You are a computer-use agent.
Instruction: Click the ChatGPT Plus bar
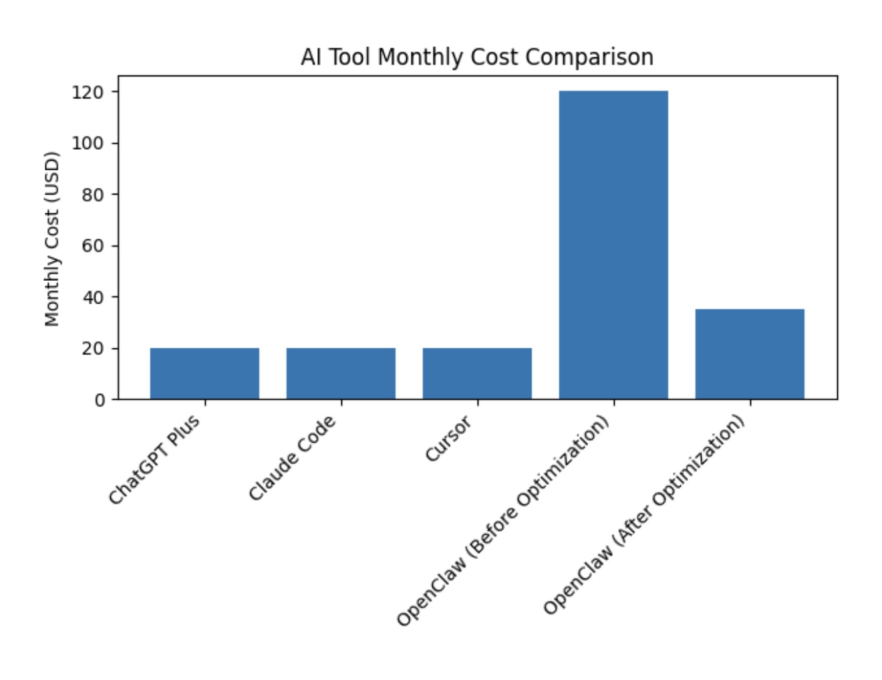[x=204, y=373]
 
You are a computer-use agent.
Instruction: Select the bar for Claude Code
[x=341, y=373]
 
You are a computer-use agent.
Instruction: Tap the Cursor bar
[x=477, y=373]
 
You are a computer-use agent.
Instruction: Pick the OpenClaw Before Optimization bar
[x=613, y=245]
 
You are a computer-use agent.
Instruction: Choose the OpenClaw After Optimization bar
[x=750, y=354]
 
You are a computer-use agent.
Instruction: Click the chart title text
[x=476, y=57]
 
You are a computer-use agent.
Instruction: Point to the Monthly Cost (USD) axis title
[x=52, y=239]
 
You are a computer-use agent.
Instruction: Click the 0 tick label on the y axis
[x=100, y=400]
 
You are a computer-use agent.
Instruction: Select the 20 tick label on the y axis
[x=94, y=348]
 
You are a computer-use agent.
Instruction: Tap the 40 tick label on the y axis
[x=94, y=297]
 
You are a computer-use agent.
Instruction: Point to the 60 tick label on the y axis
[x=94, y=245]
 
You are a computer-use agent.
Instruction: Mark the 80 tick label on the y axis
[x=94, y=195]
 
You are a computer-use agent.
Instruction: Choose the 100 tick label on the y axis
[x=88, y=143]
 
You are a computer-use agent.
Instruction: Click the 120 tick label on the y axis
[x=88, y=92]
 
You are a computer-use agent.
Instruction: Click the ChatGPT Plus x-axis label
[x=154, y=459]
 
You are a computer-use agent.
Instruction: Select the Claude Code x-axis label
[x=293, y=457]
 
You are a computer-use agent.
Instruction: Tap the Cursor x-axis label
[x=448, y=438]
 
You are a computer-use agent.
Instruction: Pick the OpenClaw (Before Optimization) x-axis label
[x=503, y=521]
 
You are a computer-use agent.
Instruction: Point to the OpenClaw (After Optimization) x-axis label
[x=643, y=514]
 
